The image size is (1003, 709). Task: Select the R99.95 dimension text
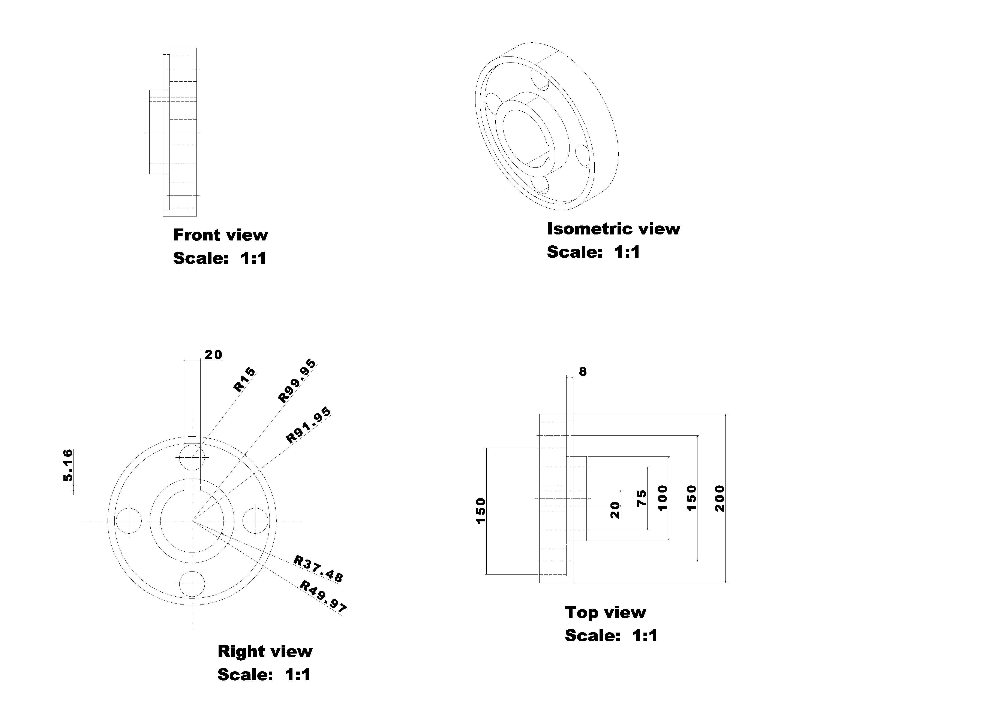click(297, 381)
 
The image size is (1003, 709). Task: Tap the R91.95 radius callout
click(308, 426)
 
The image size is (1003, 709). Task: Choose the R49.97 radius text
click(323, 596)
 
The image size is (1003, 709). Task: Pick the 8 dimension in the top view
click(583, 372)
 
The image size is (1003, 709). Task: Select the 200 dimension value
click(720, 498)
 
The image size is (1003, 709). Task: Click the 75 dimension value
click(641, 498)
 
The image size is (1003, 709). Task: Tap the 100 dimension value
click(663, 498)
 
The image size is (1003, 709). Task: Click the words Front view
click(221, 235)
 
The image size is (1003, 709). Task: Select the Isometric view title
click(613, 229)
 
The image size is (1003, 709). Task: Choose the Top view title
click(605, 612)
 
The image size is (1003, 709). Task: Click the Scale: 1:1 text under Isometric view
click(593, 252)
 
